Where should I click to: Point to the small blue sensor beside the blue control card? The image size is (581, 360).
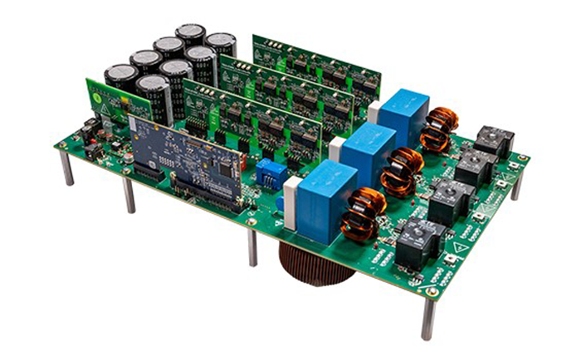point(266,173)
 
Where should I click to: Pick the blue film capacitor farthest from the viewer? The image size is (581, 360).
point(406,115)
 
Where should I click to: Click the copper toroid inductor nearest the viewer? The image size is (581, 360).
point(364,213)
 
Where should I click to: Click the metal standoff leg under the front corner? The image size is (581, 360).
point(428,319)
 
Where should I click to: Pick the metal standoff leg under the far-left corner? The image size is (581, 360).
point(66,169)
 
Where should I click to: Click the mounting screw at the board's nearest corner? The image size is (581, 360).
point(432,293)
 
